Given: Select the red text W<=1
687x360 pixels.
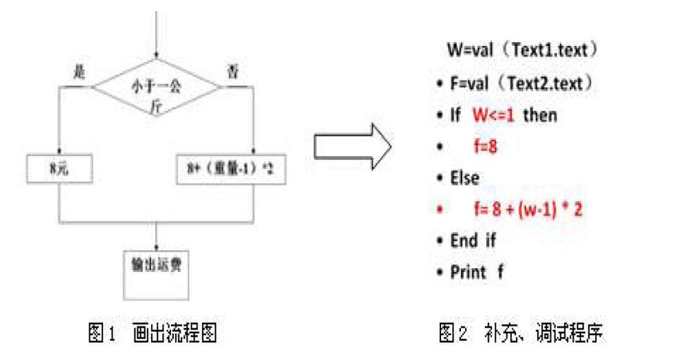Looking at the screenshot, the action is [x=493, y=115].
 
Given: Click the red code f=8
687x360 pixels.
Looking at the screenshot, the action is [x=485, y=146].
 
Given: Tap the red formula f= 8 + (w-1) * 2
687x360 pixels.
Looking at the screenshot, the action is [x=527, y=210].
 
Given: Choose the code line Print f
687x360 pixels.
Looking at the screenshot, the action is [x=476, y=272].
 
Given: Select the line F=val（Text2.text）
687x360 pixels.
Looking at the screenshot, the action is [x=520, y=83].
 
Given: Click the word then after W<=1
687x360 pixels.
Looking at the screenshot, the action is [x=540, y=115].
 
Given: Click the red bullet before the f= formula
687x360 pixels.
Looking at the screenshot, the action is [x=440, y=210].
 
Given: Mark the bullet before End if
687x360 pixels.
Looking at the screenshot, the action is [x=440, y=241].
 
